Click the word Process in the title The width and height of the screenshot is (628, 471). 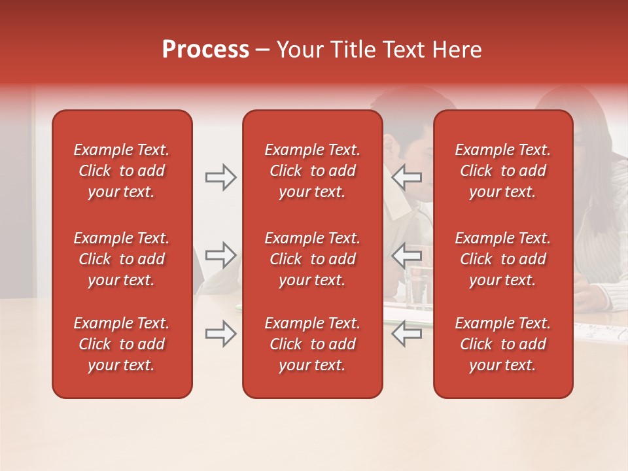[205, 50]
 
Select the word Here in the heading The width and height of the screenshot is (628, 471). [457, 50]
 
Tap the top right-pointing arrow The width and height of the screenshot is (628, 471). [220, 177]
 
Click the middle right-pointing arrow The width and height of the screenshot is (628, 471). [220, 255]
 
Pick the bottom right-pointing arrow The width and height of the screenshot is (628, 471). [220, 334]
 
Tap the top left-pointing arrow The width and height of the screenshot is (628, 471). [406, 177]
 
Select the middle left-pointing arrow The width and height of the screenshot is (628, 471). [406, 255]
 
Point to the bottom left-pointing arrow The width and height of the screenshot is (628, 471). [406, 334]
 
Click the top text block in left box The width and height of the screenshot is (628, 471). [122, 171]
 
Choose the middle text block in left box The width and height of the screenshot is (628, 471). [122, 259]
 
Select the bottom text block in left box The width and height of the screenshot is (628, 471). [122, 344]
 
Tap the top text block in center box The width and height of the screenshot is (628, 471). [312, 171]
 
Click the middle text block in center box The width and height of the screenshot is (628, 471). [312, 259]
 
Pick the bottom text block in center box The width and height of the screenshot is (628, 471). [312, 344]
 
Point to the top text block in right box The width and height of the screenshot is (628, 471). [502, 171]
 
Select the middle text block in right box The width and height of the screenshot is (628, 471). [502, 259]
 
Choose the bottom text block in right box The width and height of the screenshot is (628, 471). [502, 344]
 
